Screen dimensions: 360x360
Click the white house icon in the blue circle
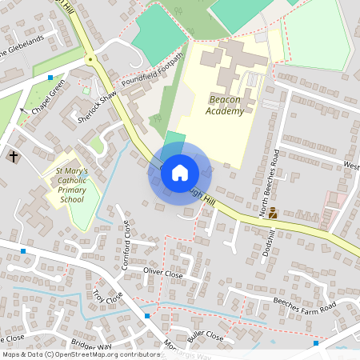click(x=179, y=172)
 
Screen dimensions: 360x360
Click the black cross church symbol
click(x=13, y=156)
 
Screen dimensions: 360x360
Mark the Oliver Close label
click(x=163, y=273)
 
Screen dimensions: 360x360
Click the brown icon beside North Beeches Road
click(x=273, y=214)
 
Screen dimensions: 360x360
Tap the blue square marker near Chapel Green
click(x=50, y=78)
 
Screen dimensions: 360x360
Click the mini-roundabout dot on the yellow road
click(x=90, y=58)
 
